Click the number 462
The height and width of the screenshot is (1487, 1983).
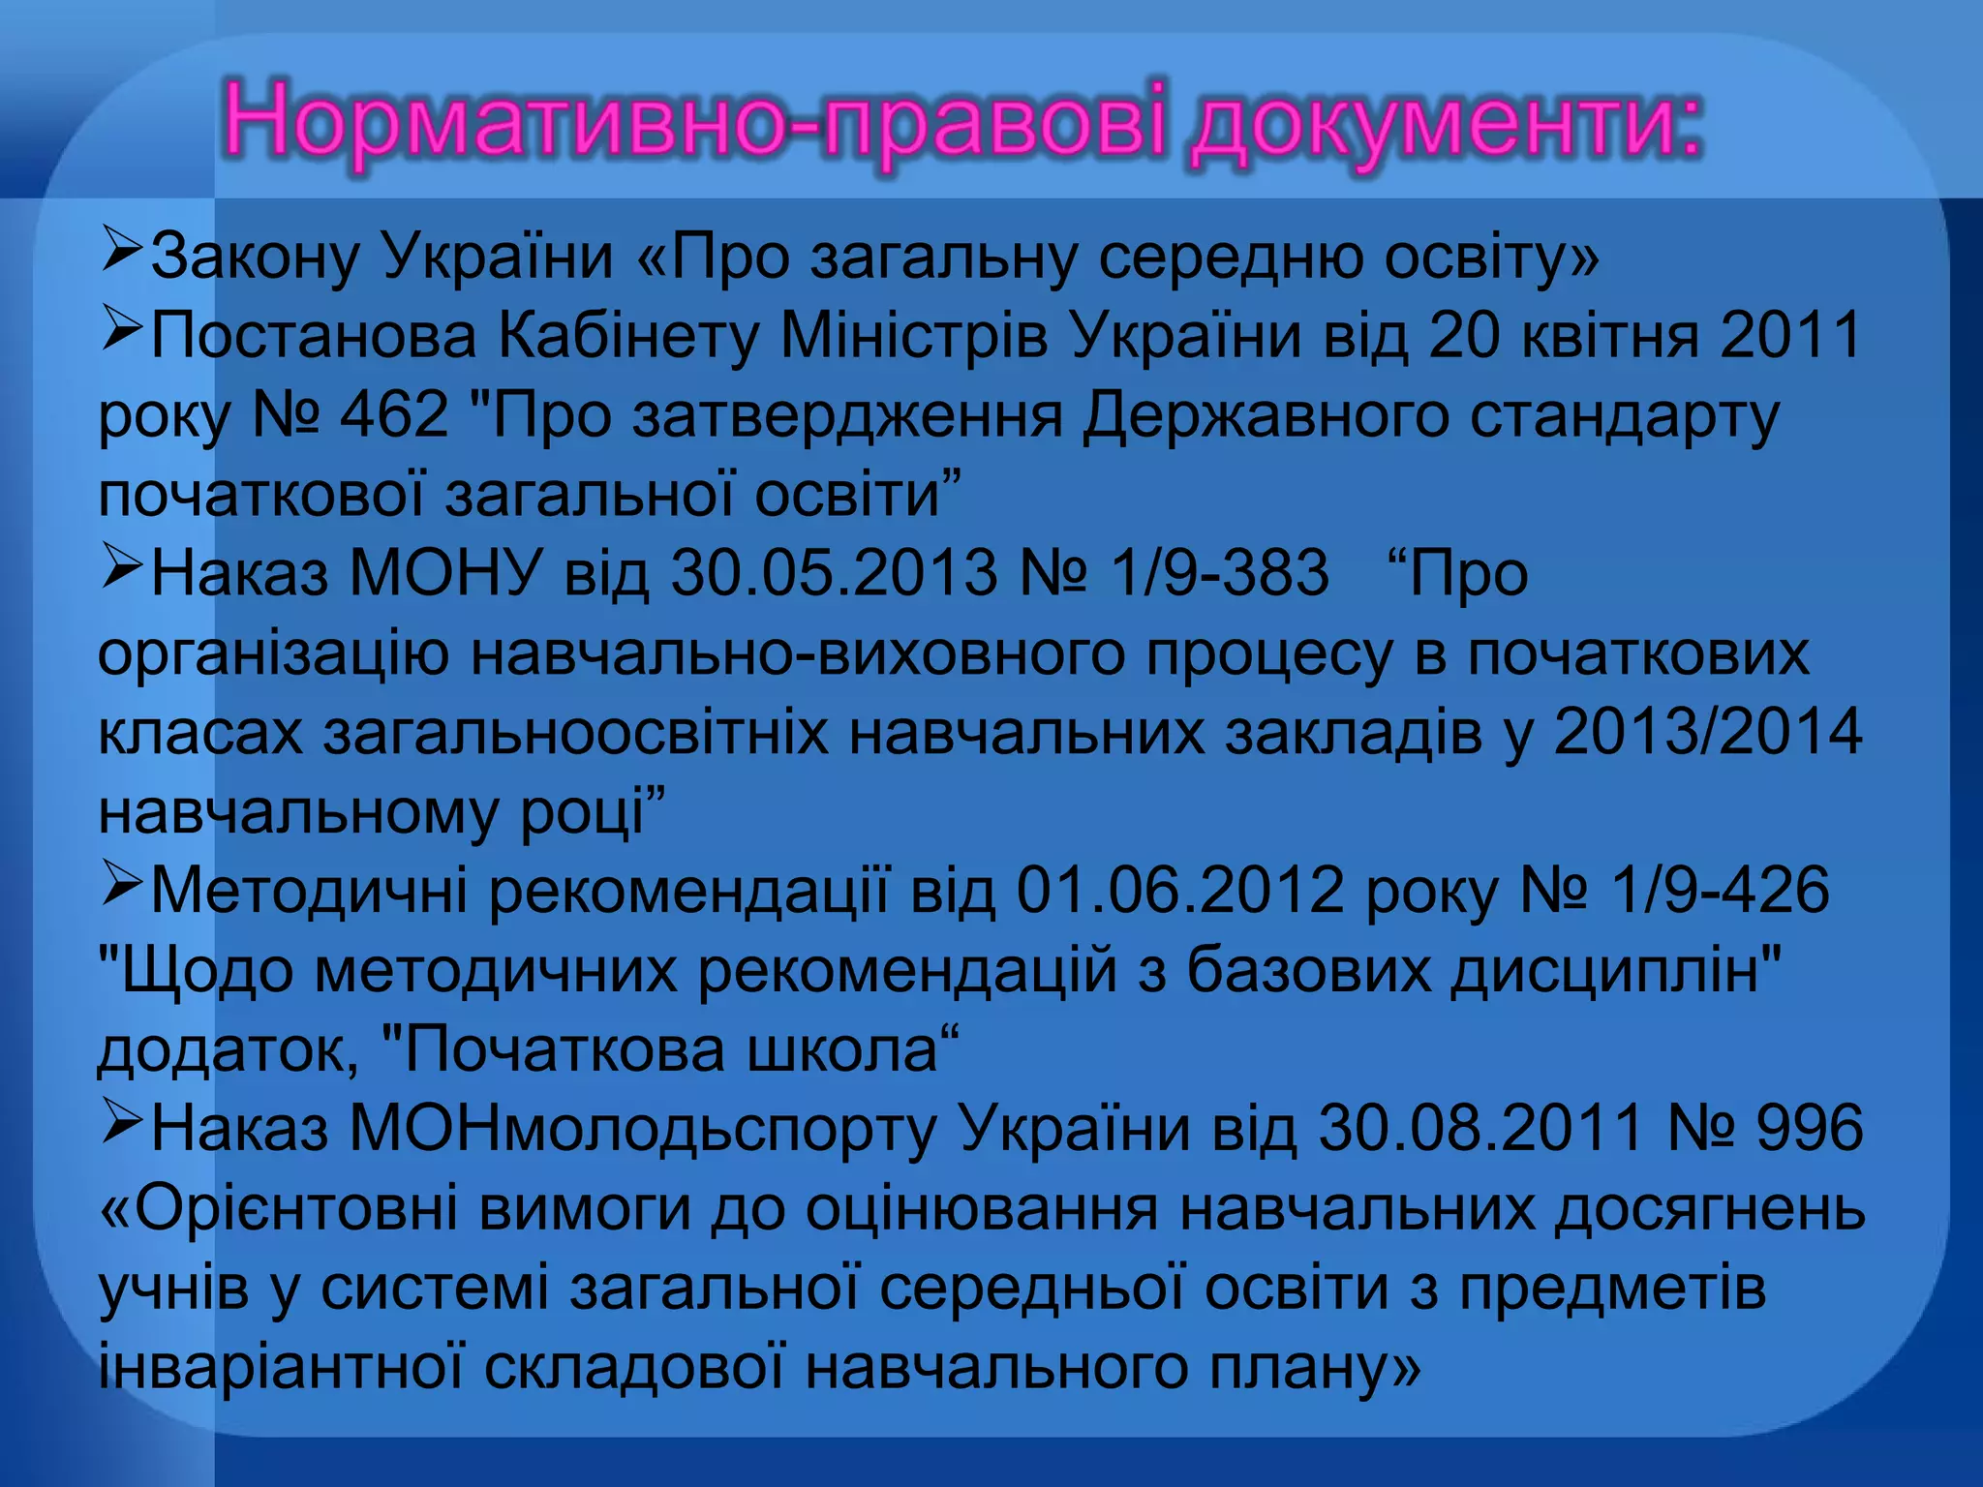tap(394, 415)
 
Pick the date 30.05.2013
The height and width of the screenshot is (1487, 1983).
tap(834, 572)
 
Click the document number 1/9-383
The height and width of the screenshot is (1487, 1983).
tap(1219, 572)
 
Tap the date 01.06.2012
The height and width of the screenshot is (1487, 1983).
tap(1179, 890)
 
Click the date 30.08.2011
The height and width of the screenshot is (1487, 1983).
tap(1480, 1128)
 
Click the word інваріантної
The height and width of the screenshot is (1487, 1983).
tap(280, 1367)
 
